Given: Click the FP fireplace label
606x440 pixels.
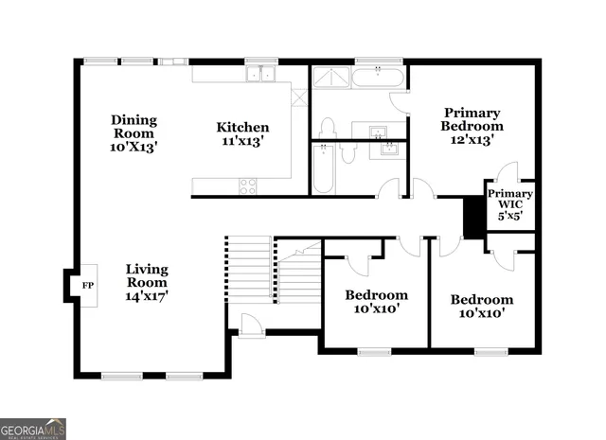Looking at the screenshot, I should click(x=87, y=285).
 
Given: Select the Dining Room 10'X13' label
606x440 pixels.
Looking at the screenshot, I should click(x=134, y=133).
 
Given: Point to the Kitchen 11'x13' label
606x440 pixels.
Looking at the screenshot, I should click(x=242, y=133).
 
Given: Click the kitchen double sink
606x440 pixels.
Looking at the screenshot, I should click(x=259, y=74).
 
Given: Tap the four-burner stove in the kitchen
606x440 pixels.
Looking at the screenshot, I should click(x=248, y=185).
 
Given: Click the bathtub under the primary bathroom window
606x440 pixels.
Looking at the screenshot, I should click(x=379, y=76).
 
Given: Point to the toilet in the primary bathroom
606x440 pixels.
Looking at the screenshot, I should click(x=329, y=127).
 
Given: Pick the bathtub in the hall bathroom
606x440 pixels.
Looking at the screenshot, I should click(x=324, y=168).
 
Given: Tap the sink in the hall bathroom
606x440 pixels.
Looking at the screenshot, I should click(x=387, y=148).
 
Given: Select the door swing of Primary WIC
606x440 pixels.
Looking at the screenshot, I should click(x=508, y=171).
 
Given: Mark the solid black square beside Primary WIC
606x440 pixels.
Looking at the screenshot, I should click(x=472, y=217).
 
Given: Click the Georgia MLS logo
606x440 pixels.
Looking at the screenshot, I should click(x=33, y=429).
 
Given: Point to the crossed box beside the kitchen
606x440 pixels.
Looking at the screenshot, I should click(x=299, y=97).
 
